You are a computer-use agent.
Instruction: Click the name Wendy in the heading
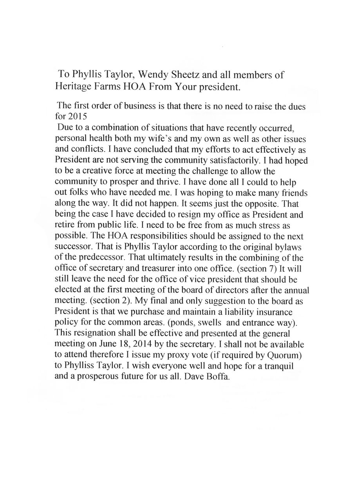pos(148,74)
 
